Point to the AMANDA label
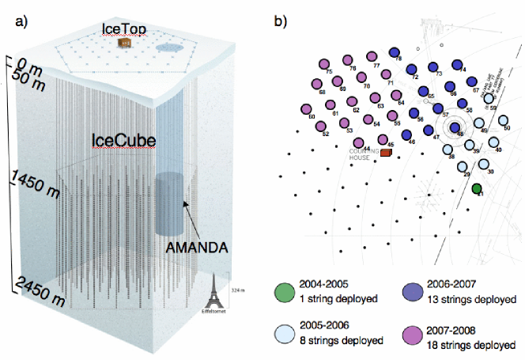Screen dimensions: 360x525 [x=196, y=248]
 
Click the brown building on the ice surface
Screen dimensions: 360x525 [x=124, y=43]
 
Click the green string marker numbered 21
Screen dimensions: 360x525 [x=477, y=188]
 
